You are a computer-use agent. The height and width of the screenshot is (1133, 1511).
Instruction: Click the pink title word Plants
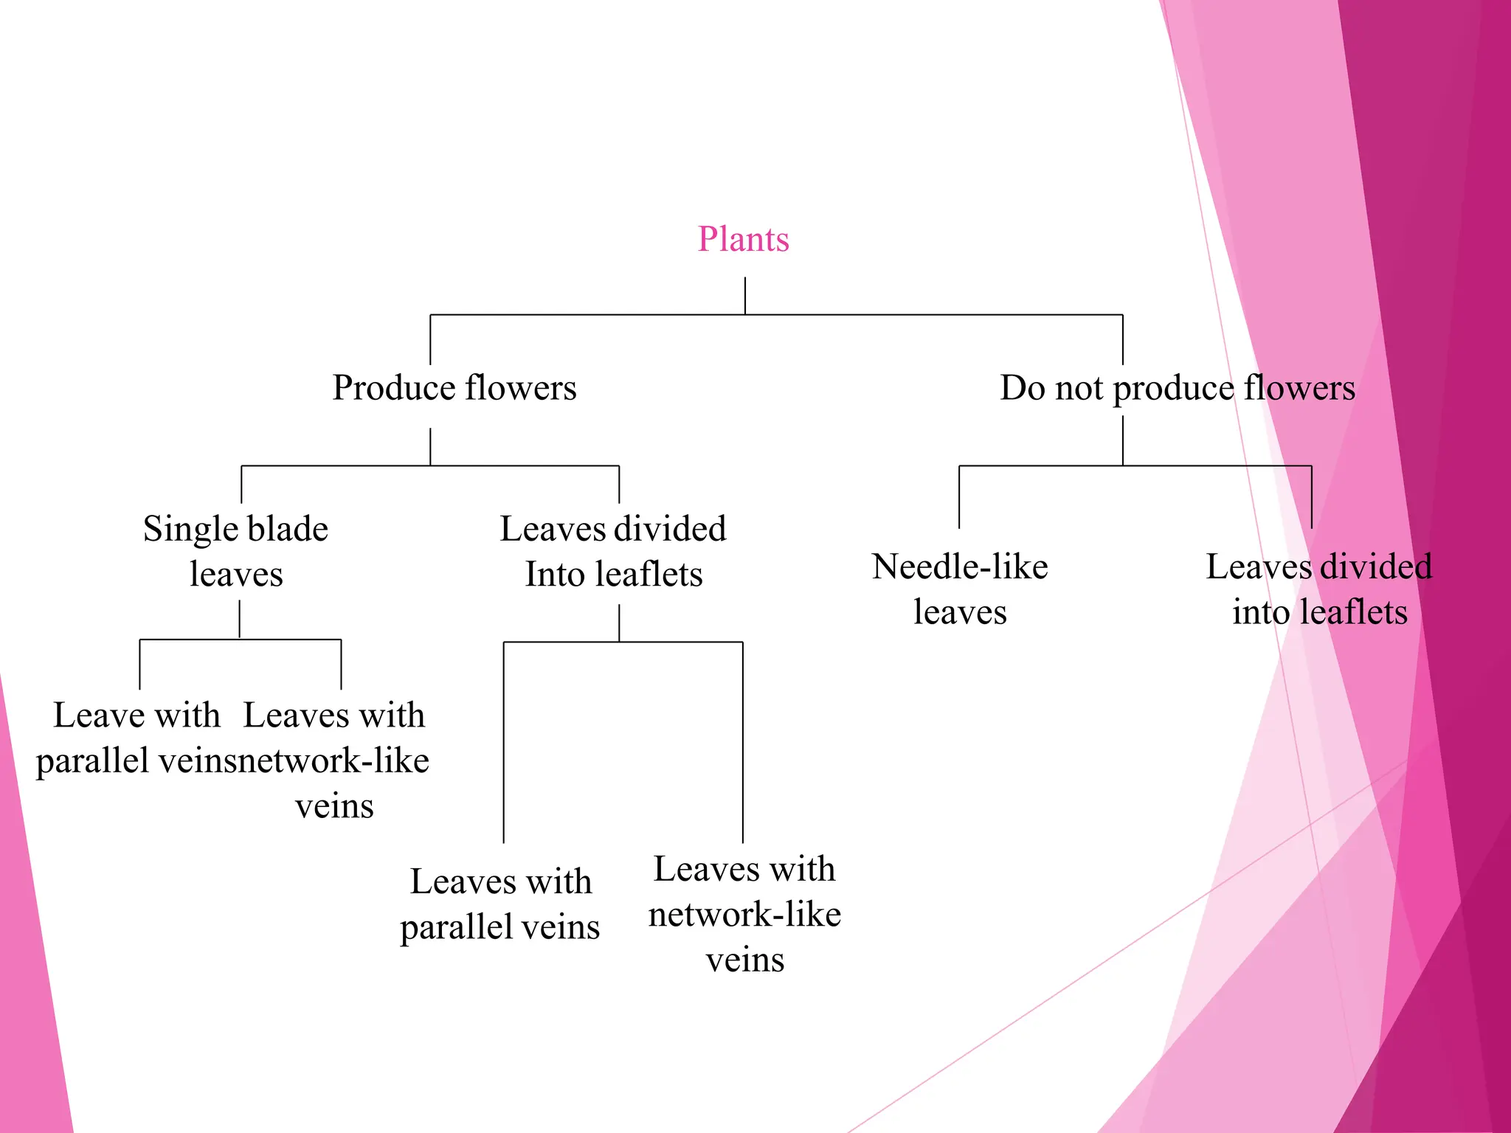[x=744, y=239]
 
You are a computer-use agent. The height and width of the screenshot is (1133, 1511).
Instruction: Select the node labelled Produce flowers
[x=454, y=388]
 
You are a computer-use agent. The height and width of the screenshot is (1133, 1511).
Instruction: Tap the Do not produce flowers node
[x=1178, y=388]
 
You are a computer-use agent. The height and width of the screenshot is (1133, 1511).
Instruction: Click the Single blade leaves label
[x=236, y=551]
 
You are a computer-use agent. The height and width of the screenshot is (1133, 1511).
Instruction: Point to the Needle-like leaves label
[x=960, y=589]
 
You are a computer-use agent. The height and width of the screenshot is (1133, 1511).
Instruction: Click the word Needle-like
[x=960, y=567]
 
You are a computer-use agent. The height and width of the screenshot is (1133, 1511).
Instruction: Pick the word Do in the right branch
[x=1022, y=388]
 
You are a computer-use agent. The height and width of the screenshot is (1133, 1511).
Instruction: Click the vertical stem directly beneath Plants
[x=745, y=296]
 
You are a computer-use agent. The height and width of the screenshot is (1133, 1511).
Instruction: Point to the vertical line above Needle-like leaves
[x=959, y=497]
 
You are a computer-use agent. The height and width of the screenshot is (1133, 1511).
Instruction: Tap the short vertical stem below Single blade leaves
[x=240, y=620]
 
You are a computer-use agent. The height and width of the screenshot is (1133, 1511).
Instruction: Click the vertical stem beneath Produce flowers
[x=430, y=447]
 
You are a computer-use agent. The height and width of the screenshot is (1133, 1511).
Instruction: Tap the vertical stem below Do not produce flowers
[x=1123, y=440]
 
